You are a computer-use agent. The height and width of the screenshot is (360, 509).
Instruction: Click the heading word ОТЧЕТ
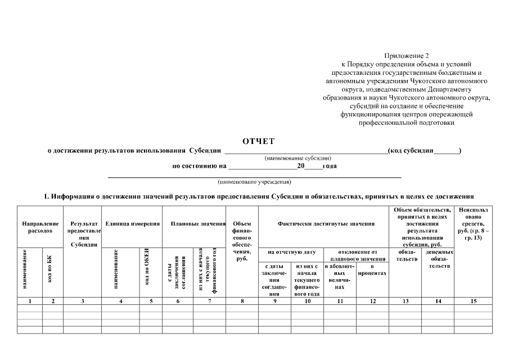click(x=258, y=141)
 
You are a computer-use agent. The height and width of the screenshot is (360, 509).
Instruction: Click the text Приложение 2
click(x=406, y=56)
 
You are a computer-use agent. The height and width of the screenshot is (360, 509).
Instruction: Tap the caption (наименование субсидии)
click(x=298, y=158)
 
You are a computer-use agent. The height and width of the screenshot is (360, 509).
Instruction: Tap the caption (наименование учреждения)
click(x=254, y=182)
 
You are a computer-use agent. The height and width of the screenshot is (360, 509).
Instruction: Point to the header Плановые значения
click(x=194, y=224)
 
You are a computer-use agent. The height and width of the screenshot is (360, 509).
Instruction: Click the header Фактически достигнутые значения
click(x=326, y=224)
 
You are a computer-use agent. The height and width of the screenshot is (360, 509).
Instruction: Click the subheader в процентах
click(x=372, y=269)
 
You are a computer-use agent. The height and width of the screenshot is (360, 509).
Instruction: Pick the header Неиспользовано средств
click(x=474, y=224)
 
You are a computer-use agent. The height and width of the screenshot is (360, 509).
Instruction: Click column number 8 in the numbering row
click(x=242, y=301)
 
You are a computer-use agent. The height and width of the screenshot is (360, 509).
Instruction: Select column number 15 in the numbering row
click(x=474, y=301)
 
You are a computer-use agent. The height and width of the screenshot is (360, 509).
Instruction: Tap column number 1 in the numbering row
click(x=29, y=301)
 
